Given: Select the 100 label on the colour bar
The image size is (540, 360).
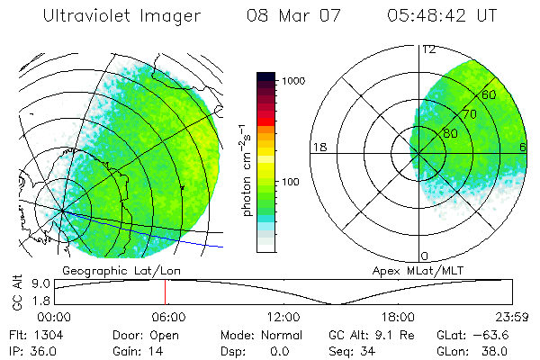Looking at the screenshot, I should tap(292, 182).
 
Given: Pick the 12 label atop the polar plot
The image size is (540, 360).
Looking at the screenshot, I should tap(428, 49).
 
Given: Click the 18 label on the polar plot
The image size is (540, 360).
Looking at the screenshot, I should tap(318, 147).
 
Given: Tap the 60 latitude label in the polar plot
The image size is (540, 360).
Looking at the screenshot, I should tap(490, 94).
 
